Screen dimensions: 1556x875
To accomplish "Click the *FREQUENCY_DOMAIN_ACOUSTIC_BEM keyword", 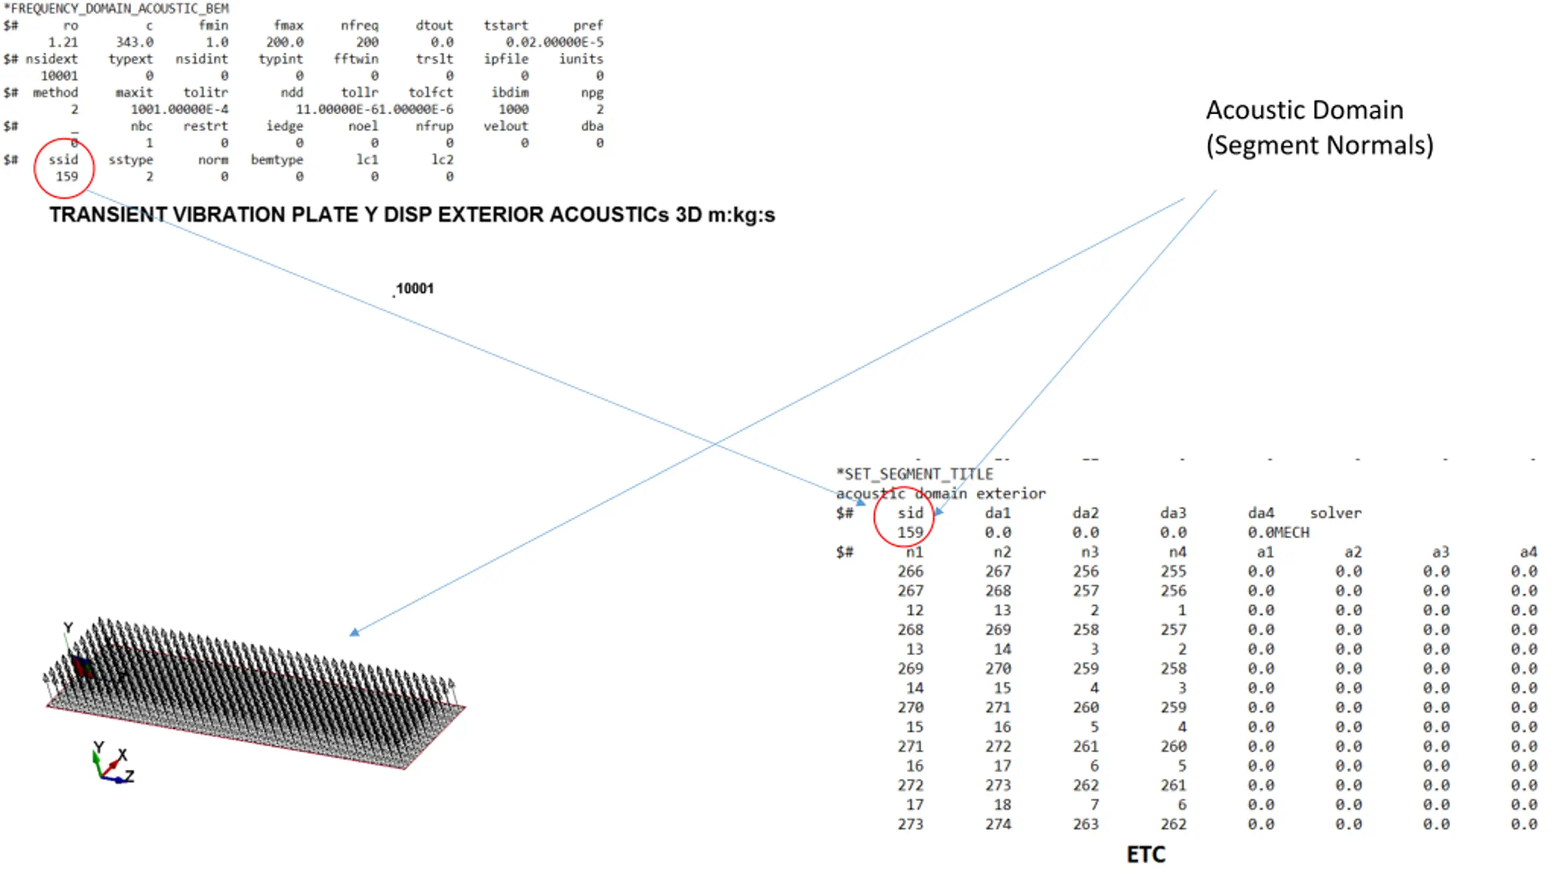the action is click(x=116, y=9).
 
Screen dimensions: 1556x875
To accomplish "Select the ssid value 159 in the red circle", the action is click(x=67, y=177).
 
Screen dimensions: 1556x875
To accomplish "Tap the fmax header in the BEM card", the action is click(x=288, y=26).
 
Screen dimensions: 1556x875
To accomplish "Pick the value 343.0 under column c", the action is click(x=135, y=42).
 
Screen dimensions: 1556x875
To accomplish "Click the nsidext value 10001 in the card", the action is click(x=59, y=76).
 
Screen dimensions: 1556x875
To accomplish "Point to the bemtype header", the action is click(x=277, y=160).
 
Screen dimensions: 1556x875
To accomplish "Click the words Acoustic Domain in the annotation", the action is click(x=1304, y=110).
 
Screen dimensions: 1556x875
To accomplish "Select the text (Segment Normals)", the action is click(x=1320, y=145).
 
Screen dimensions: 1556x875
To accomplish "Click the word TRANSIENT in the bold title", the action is click(x=107, y=214).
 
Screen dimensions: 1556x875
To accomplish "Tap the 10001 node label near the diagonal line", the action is click(x=415, y=289).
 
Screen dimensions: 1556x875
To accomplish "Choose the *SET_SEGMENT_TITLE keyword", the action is click(x=914, y=474).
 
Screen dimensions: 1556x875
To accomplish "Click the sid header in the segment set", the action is click(x=911, y=513).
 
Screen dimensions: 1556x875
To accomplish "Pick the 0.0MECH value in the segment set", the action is click(x=1278, y=533).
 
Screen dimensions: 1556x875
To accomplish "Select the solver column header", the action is click(x=1335, y=513).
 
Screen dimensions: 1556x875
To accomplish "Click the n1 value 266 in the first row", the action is click(x=910, y=572).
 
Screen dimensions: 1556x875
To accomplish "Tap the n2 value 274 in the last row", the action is click(x=998, y=825).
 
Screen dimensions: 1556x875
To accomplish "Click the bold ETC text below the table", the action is click(x=1146, y=854).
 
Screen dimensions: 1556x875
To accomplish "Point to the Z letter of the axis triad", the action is click(x=129, y=776).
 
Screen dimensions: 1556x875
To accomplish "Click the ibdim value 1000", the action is click(x=514, y=109).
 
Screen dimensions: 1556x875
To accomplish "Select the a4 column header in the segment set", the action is click(x=1528, y=552).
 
